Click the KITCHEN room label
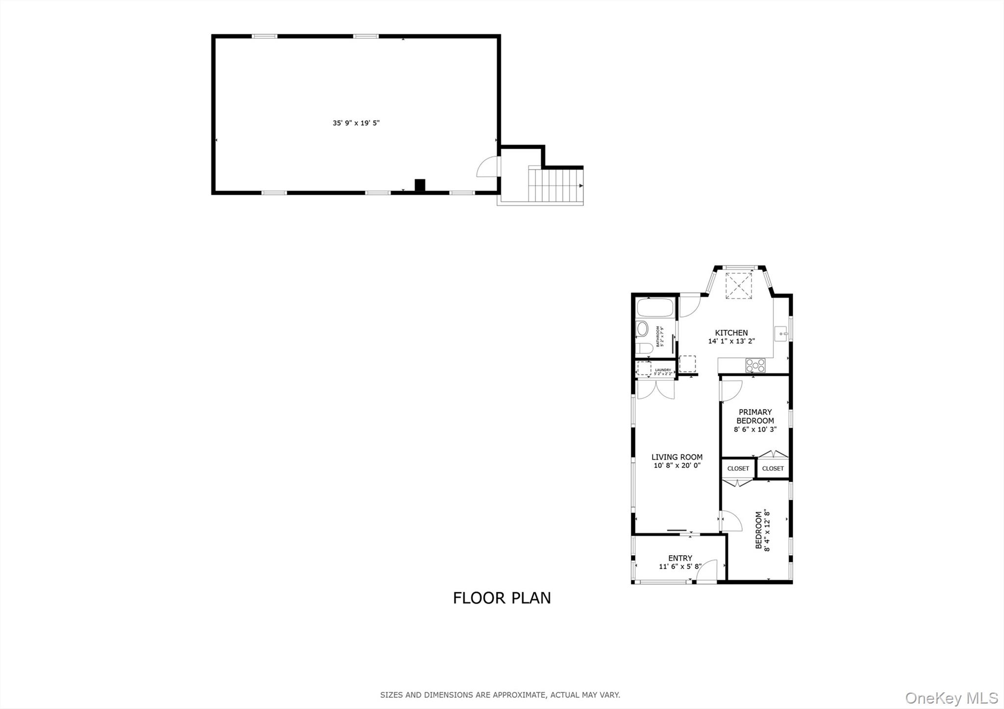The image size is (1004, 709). point(731,333)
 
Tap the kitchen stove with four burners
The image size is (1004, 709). point(755,365)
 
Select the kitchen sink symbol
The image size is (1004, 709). point(781,334)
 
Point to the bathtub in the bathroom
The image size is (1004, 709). point(655,308)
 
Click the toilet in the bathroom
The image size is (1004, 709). point(644,348)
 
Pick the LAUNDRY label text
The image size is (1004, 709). point(663,370)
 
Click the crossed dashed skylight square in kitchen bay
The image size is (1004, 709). point(738,285)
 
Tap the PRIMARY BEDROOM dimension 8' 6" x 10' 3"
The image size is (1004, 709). point(755,429)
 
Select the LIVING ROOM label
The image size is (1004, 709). point(677,457)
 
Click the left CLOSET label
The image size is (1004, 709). point(738,468)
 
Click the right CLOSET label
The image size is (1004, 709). point(773,468)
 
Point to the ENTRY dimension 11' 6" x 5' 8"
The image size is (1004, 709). point(680,566)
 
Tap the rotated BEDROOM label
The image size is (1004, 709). point(758,530)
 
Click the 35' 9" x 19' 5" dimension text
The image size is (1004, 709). point(356,123)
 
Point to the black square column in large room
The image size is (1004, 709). point(420,185)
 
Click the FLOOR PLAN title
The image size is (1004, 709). point(502,598)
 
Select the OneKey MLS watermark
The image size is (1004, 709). point(951,698)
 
